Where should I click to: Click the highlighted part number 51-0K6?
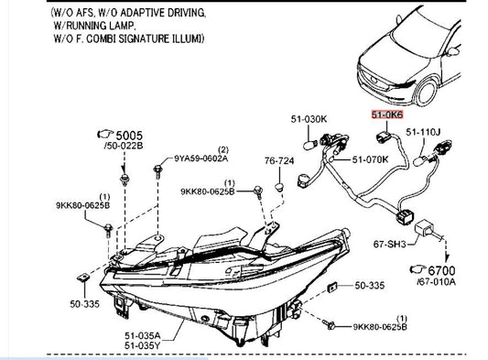tap(387, 115)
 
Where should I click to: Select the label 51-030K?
tap(309, 119)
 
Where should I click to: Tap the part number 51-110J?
tap(423, 132)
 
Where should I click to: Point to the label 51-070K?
tap(371, 159)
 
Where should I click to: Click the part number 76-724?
tap(279, 160)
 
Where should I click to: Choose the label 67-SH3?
tap(390, 245)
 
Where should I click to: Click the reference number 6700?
tap(441, 270)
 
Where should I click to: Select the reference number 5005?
tap(129, 136)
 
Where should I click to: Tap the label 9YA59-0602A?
tap(201, 158)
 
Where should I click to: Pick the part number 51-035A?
tap(143, 335)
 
